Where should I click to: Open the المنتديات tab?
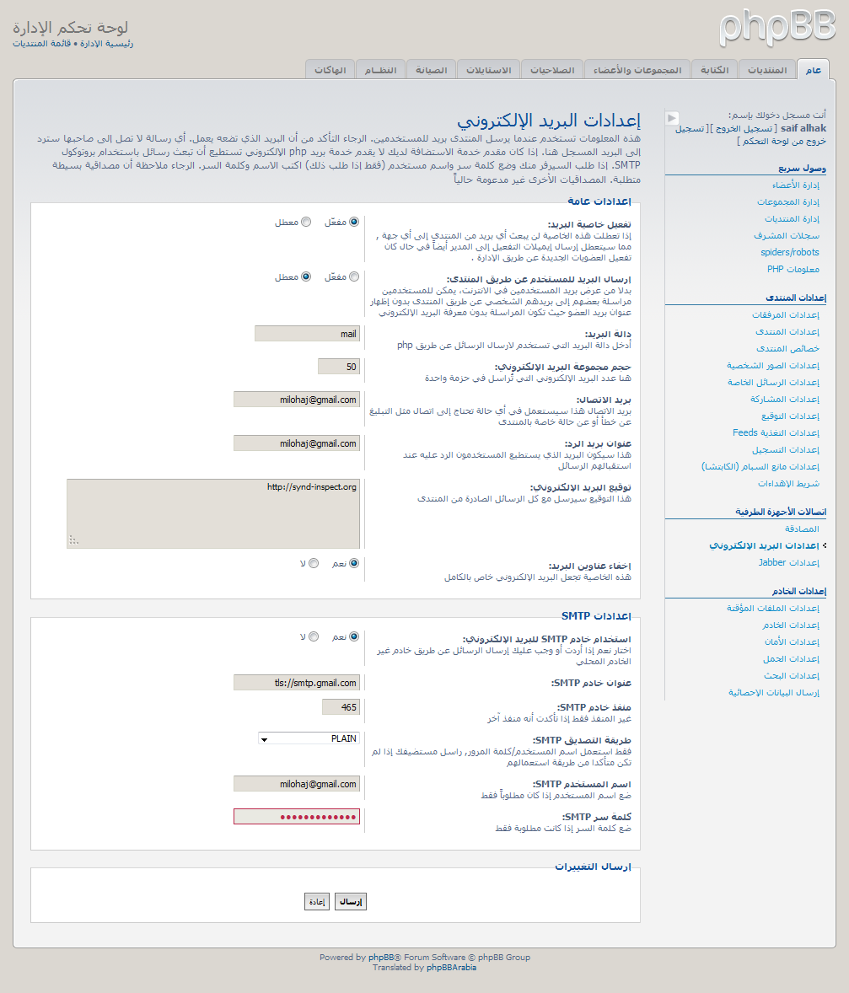point(767,69)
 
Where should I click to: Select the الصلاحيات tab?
point(552,69)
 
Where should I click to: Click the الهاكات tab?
point(330,69)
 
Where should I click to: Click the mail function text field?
point(307,334)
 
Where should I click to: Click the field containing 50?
point(339,367)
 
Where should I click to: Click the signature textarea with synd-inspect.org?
point(213,513)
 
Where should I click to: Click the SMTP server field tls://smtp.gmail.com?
point(297,683)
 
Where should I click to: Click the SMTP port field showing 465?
point(341,707)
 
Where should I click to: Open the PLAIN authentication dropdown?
point(309,739)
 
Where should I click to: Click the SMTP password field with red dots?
point(297,817)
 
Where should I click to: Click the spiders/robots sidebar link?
point(789,252)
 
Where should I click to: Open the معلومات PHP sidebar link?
point(793,269)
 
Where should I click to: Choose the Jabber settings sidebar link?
point(788,562)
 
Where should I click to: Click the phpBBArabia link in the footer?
point(451,968)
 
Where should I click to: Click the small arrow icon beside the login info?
point(672,118)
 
